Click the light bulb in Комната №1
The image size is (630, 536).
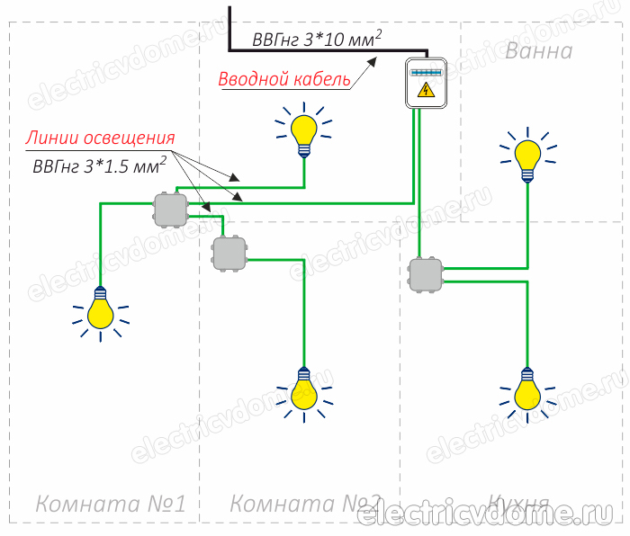100,308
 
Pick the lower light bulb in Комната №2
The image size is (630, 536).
304,390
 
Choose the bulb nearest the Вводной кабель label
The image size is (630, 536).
305,130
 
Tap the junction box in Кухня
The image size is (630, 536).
425,275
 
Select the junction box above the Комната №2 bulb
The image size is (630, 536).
229,253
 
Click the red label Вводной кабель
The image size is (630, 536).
284,79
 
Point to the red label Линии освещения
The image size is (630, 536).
99,138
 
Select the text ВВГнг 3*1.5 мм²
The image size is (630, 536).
98,165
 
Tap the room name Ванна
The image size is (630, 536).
538,50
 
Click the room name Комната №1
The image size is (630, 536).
111,505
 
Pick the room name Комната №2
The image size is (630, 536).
306,505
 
